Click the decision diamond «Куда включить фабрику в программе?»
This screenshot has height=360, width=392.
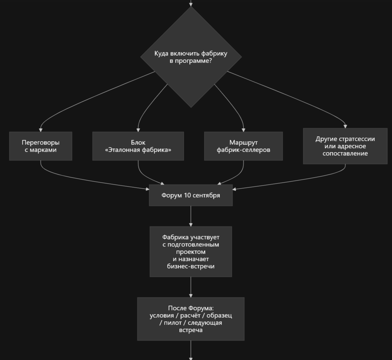(191, 57)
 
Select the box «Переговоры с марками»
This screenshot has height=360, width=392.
(41, 146)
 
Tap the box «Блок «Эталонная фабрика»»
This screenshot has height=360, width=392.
(138, 146)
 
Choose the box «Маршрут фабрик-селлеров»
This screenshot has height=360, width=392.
(244, 146)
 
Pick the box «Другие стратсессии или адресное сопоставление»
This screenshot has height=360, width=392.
(345, 146)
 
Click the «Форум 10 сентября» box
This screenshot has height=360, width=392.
(191, 195)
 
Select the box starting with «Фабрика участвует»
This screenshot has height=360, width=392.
(191, 252)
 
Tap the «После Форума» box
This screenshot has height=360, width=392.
(191, 319)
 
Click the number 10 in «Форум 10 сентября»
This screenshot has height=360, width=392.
(187, 195)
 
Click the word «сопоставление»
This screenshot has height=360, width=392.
(345, 153)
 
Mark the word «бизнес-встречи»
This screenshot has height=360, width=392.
(191, 266)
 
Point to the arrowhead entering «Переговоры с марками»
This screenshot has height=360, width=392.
(41, 130)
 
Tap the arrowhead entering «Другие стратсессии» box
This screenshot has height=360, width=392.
(345, 127)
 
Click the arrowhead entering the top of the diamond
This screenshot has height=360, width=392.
(191, 5)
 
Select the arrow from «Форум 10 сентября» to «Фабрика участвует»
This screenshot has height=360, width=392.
(191, 216)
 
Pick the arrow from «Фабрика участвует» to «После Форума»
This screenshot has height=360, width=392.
(191, 287)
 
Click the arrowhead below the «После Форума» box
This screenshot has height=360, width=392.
(191, 358)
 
